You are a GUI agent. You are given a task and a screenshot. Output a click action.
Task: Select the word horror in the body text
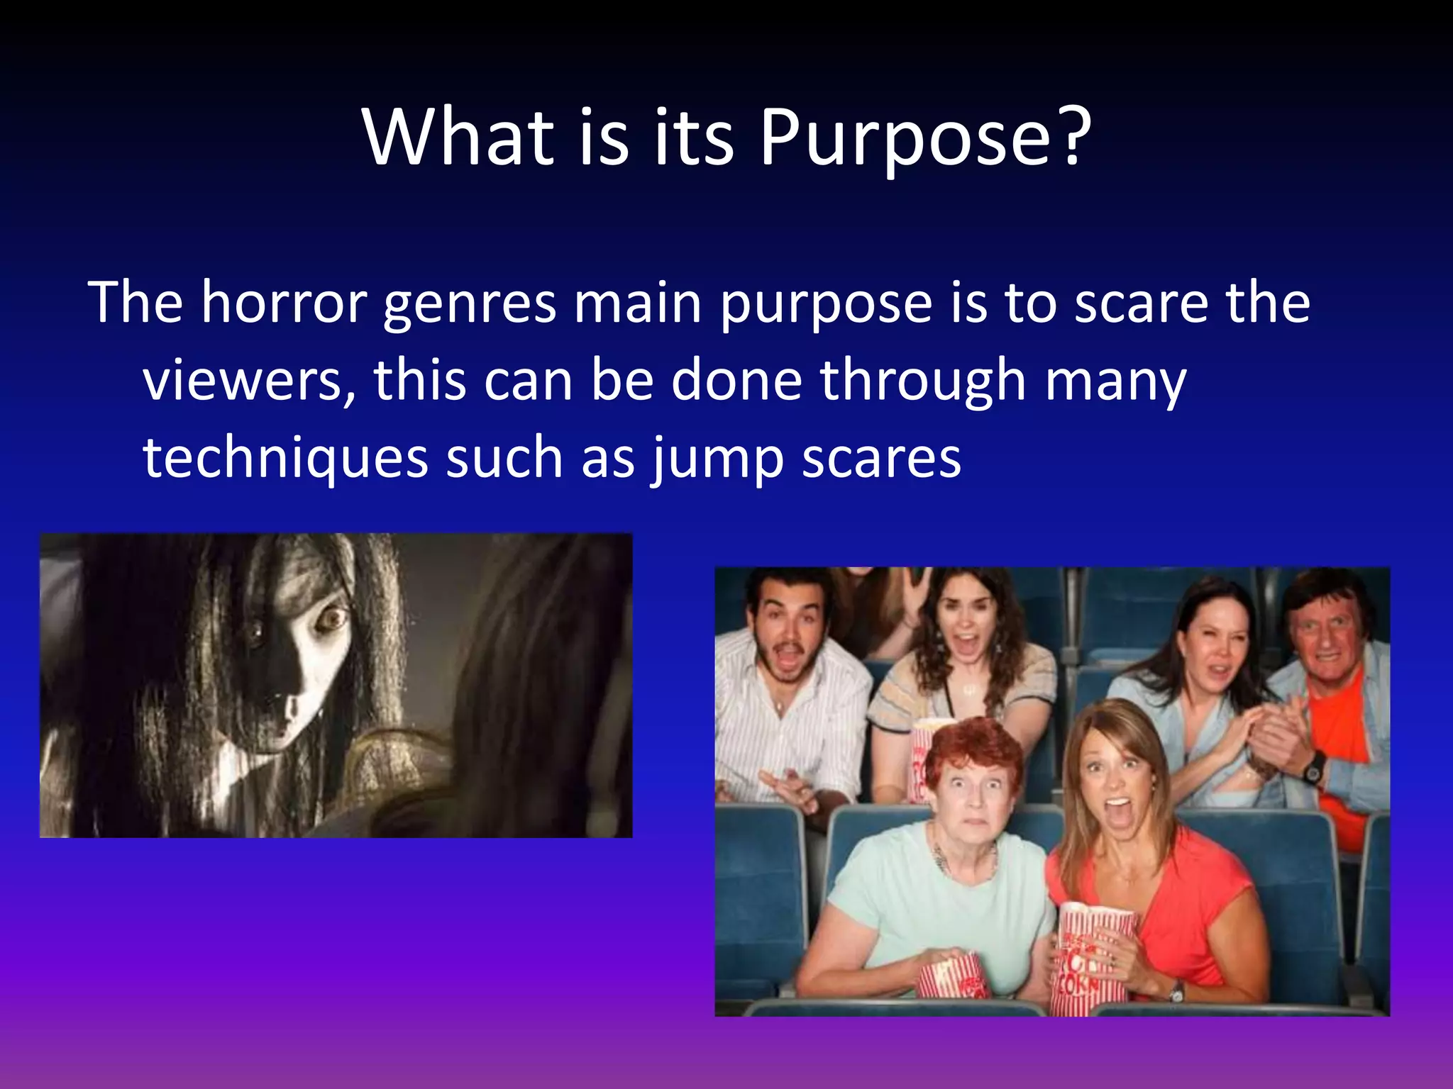[284, 303]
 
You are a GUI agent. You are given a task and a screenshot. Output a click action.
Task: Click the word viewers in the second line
[248, 381]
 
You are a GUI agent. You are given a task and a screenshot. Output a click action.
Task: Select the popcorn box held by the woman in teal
[951, 976]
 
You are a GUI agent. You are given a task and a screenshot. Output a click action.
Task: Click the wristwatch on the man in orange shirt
[1313, 768]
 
